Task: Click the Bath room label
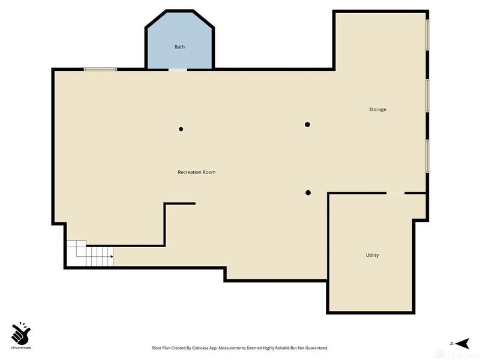(179, 47)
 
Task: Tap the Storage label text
(377, 109)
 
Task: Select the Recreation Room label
(196, 172)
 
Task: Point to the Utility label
(372, 255)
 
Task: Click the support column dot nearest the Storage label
(307, 125)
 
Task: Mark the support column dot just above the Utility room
(308, 193)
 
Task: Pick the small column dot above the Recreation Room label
(181, 129)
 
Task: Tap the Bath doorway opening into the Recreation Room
(178, 70)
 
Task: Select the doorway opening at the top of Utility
(395, 193)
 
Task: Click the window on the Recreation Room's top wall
(100, 70)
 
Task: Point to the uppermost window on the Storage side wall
(427, 35)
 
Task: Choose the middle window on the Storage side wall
(427, 95)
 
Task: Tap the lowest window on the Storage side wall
(427, 155)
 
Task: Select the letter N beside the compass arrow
(450, 343)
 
